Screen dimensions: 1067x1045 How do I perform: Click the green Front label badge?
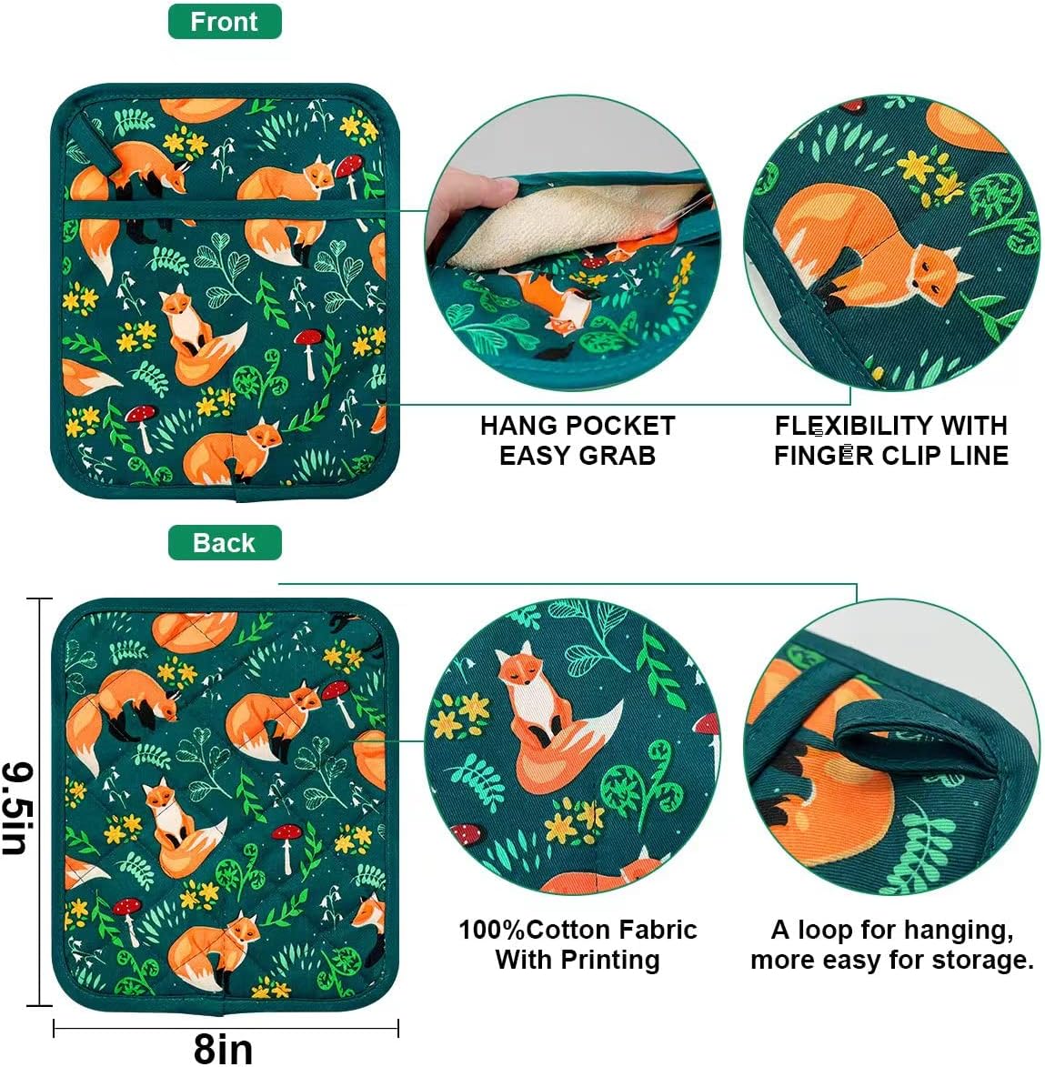225,22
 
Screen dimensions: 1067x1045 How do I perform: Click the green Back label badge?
225,543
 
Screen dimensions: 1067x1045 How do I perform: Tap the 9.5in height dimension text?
18,809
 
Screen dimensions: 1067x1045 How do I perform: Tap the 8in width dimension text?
224,1047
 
